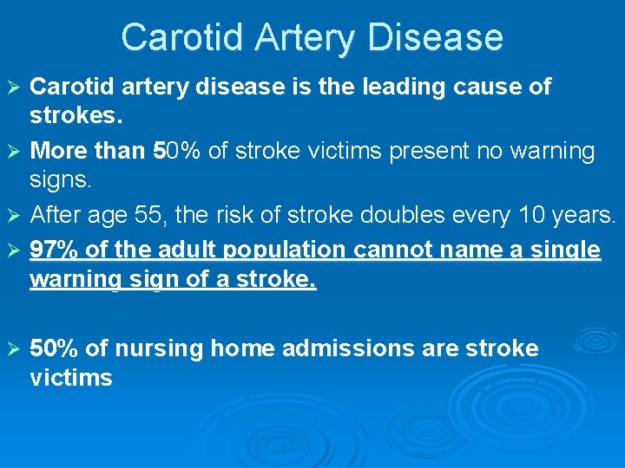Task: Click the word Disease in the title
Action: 437,37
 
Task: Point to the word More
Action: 57,152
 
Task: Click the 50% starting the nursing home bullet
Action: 54,349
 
